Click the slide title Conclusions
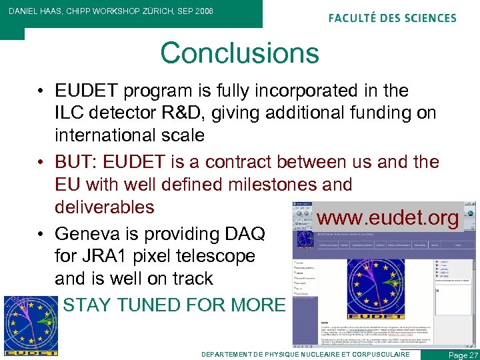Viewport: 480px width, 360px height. coord(239,53)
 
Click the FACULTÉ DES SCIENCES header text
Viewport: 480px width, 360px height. coord(392,18)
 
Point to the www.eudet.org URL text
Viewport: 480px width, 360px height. coord(388,218)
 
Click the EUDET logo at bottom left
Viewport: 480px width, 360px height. coord(31,324)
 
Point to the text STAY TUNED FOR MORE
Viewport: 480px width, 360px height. coord(173,305)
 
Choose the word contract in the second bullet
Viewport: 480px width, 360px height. coord(245,162)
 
